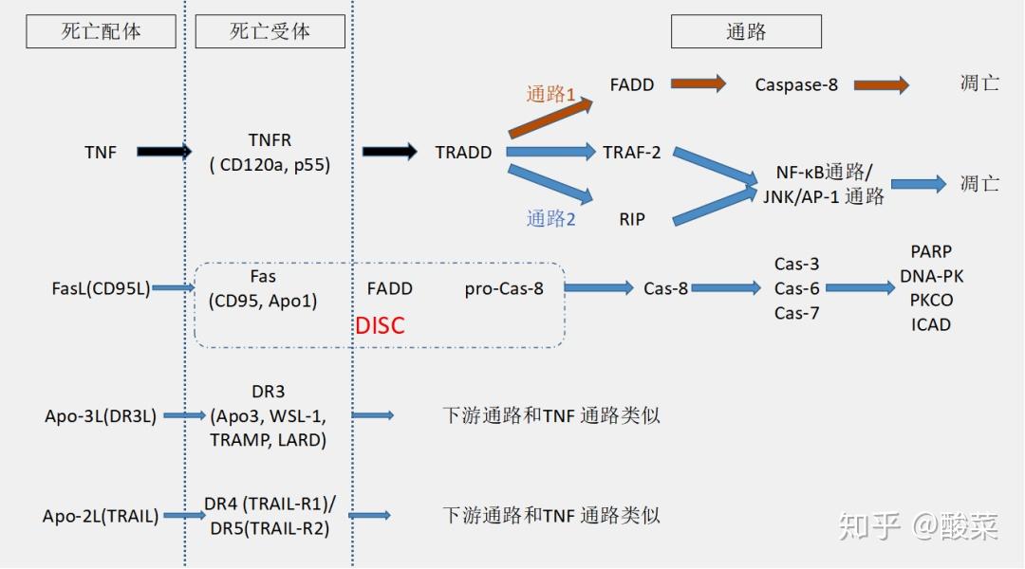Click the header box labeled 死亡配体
click(x=101, y=31)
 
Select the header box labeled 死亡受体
click(x=270, y=31)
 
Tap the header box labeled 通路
click(x=746, y=31)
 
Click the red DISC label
click(x=380, y=325)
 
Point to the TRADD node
click(x=463, y=152)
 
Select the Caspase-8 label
click(x=796, y=84)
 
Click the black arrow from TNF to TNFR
click(x=163, y=151)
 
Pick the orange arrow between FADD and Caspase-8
click(x=698, y=83)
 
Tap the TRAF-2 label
click(x=632, y=152)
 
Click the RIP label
click(x=632, y=219)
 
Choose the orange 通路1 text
click(x=551, y=94)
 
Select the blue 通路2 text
click(x=551, y=218)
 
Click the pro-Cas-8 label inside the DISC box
click(x=504, y=288)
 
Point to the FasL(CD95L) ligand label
click(x=102, y=288)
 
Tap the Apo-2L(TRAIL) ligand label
click(x=101, y=516)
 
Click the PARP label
click(x=930, y=252)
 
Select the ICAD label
click(x=930, y=324)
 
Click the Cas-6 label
click(x=796, y=288)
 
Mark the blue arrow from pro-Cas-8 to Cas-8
click(x=600, y=287)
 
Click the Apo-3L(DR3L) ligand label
click(x=101, y=415)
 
